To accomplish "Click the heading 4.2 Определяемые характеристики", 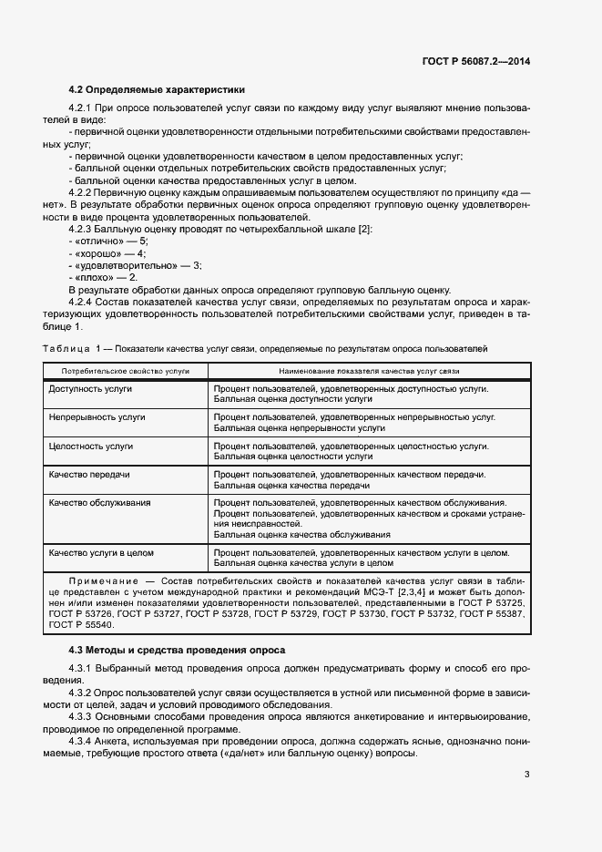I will click(x=157, y=90).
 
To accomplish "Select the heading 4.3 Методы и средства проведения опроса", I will click(x=177, y=650).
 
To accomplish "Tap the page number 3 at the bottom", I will click(x=526, y=775).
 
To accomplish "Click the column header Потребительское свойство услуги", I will click(x=125, y=372).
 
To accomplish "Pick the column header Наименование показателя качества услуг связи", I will click(x=369, y=372).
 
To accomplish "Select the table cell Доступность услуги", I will click(x=91, y=389).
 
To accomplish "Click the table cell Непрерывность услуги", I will click(x=97, y=416).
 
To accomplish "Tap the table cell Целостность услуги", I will click(x=92, y=447).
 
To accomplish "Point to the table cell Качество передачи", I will click(x=89, y=475).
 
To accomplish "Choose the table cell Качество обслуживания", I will click(x=100, y=502).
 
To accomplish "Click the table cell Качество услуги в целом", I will click(x=102, y=552).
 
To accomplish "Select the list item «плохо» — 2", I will click(x=103, y=276).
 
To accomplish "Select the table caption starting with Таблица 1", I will click(x=265, y=349).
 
